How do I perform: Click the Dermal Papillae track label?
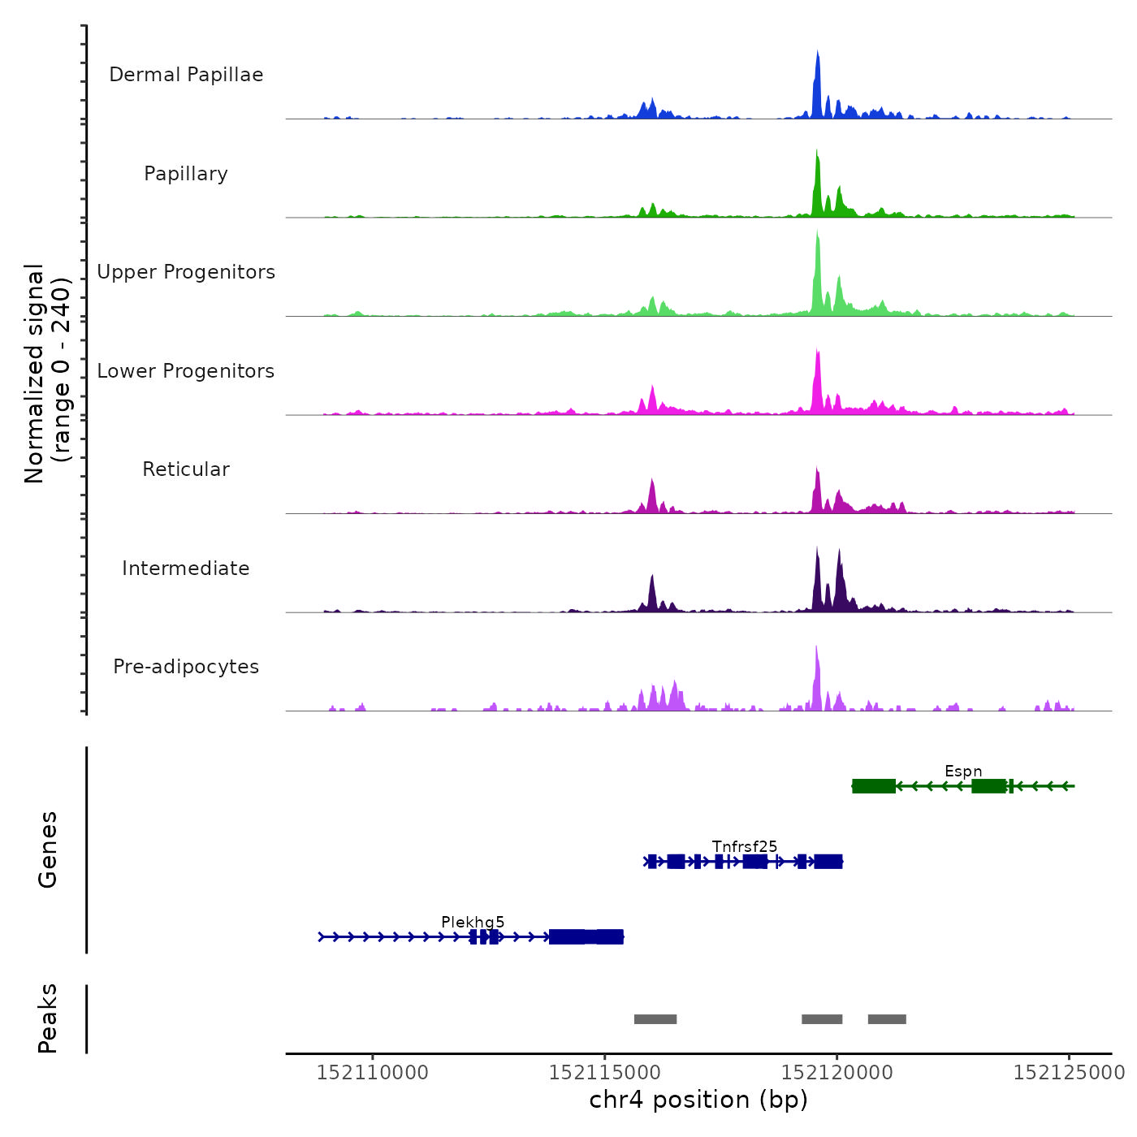(x=186, y=75)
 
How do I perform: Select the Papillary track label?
(x=186, y=174)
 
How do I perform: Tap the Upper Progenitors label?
(x=186, y=272)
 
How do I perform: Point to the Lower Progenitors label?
(x=186, y=371)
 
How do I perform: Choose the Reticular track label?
(x=186, y=469)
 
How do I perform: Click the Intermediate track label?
(x=186, y=568)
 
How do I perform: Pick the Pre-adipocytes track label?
(x=186, y=667)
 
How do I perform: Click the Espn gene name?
(x=963, y=772)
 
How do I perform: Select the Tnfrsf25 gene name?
(x=745, y=847)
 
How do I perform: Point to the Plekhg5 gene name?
(x=473, y=923)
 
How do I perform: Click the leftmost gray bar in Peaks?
(x=655, y=1019)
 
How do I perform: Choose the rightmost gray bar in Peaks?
(x=887, y=1019)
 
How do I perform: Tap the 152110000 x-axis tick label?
(x=373, y=1073)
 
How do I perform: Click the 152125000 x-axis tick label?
(x=1069, y=1073)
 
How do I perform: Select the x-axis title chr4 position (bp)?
(x=698, y=1100)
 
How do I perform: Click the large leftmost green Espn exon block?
(x=874, y=786)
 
